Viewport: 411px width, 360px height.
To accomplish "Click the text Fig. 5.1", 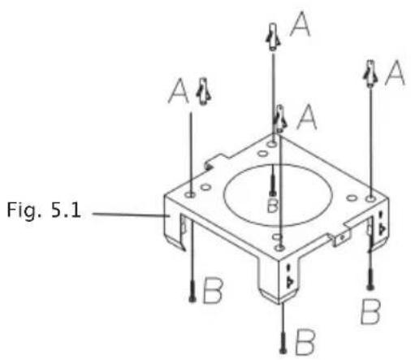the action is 44,211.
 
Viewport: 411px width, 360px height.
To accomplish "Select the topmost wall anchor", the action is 273,37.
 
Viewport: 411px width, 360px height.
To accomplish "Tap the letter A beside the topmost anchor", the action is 301,24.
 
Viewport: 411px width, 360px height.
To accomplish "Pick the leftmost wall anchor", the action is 204,92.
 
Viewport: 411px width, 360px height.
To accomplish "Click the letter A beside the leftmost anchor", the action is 179,91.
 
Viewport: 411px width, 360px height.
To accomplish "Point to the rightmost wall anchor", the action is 370,74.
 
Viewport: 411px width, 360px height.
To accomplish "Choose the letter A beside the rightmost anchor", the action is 395,72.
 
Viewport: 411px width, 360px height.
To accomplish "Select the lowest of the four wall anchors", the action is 280,119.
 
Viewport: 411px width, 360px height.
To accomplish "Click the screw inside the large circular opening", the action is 273,180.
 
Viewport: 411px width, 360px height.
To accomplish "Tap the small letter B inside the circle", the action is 272,205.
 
